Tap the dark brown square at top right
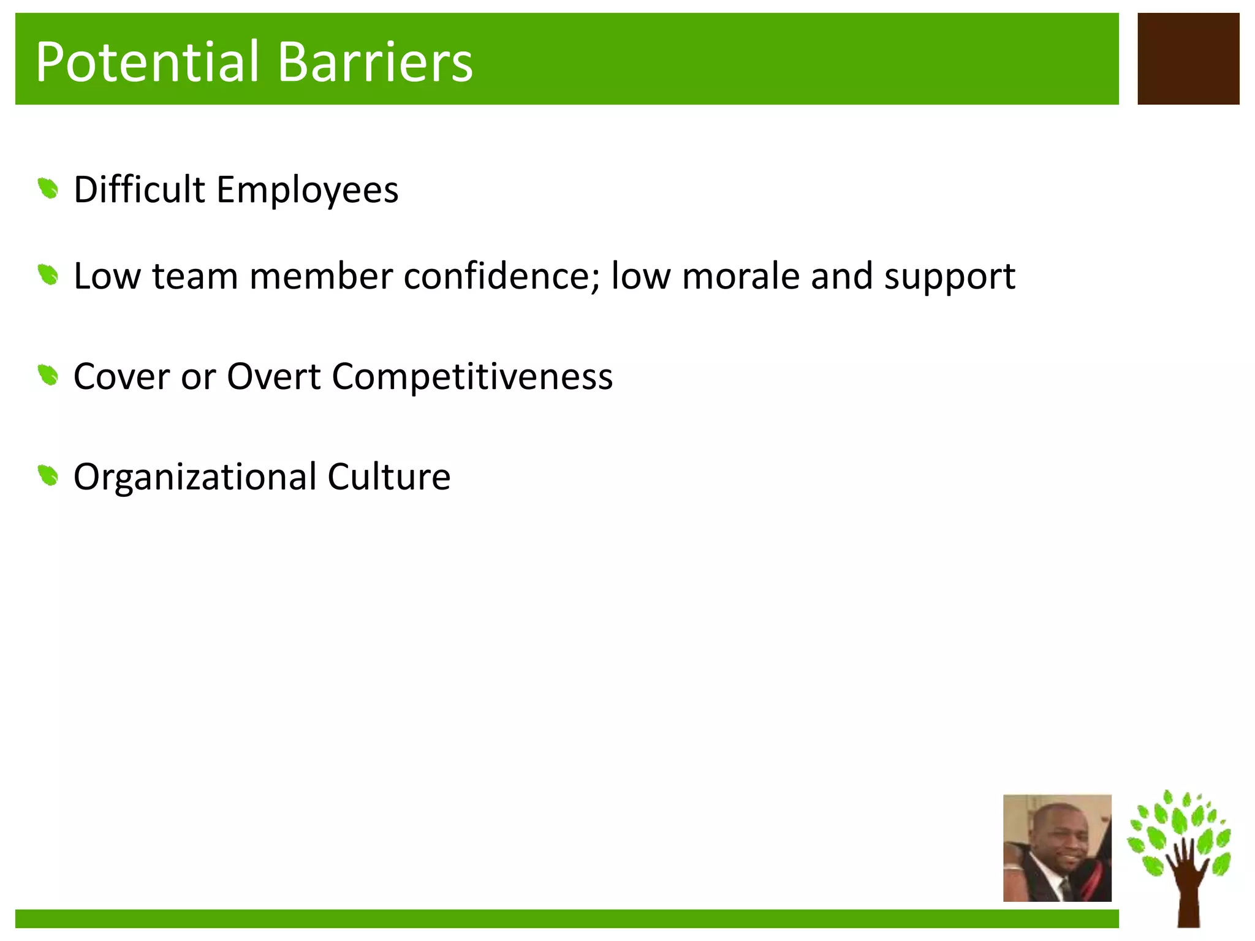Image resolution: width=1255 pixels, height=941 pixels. point(1188,59)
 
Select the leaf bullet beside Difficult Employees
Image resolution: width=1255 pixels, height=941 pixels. point(48,189)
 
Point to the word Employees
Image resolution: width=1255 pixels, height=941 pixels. point(307,190)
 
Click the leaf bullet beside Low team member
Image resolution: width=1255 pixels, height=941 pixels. point(48,275)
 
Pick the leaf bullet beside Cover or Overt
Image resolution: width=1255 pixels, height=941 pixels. point(48,375)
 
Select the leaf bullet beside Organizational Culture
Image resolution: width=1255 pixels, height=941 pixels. point(48,475)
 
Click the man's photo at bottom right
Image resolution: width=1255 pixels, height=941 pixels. point(1056,848)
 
